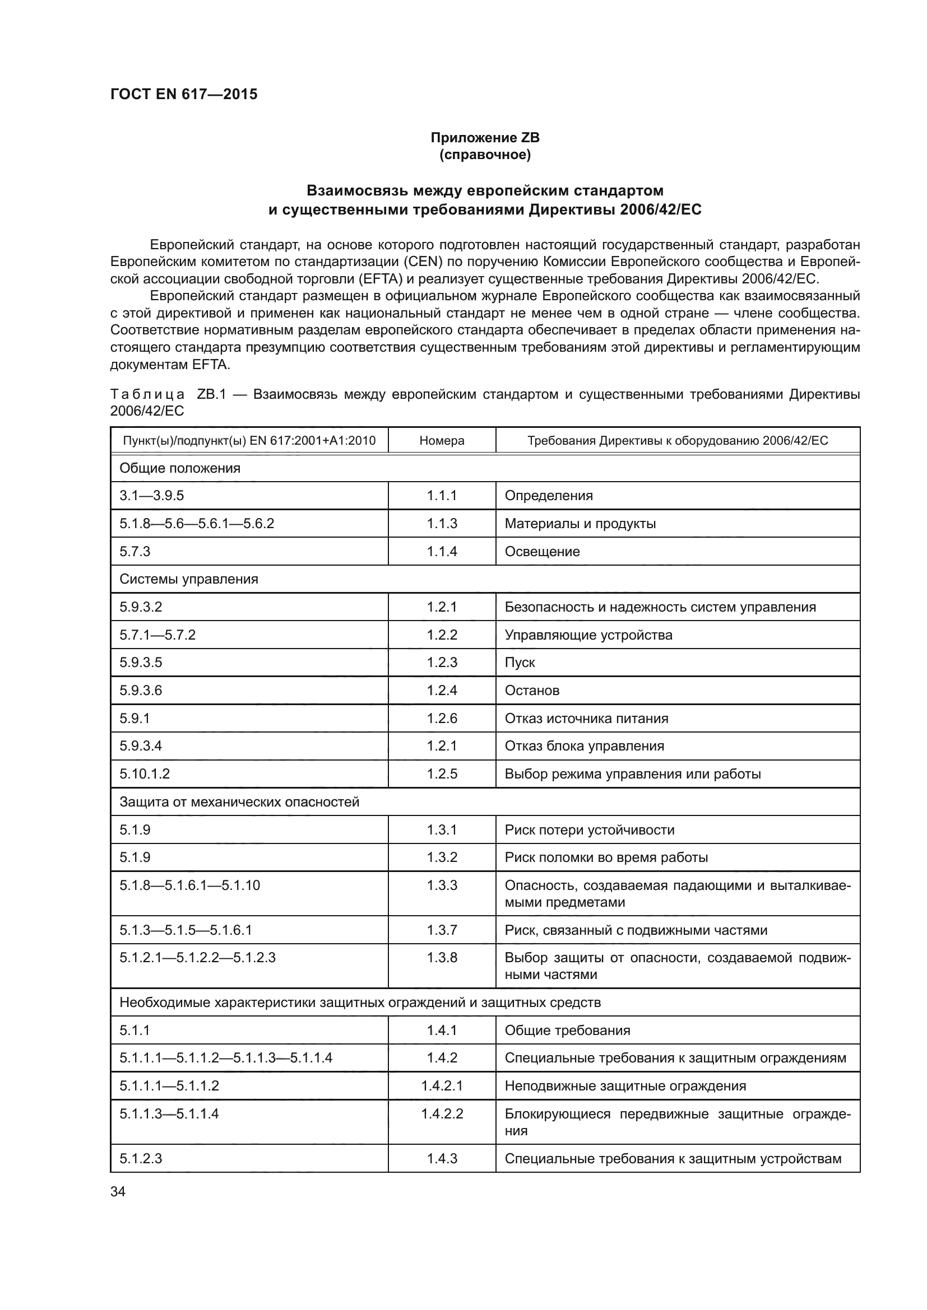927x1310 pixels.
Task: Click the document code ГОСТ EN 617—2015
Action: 184,94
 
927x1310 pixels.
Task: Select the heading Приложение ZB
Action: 485,138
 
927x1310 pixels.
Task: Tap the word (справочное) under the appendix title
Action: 485,155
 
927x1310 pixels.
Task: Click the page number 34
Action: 118,1191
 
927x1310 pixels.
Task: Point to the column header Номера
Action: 442,440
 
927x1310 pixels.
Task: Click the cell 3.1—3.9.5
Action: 152,495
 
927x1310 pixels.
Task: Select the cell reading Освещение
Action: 542,551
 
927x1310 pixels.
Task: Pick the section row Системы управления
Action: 189,579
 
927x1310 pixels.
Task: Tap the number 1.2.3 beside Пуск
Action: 442,663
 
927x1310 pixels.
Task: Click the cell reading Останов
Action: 531,691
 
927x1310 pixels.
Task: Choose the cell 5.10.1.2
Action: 145,773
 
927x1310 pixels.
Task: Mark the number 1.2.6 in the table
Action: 442,719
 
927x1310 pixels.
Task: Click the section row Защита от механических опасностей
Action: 239,801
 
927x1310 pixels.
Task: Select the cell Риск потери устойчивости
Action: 589,829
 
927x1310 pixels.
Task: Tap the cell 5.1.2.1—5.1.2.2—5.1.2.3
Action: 197,957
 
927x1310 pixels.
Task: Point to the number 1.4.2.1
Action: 442,1086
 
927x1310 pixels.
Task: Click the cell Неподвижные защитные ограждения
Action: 625,1086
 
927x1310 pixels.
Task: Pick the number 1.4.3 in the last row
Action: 442,1159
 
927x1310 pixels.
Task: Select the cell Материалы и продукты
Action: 580,523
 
